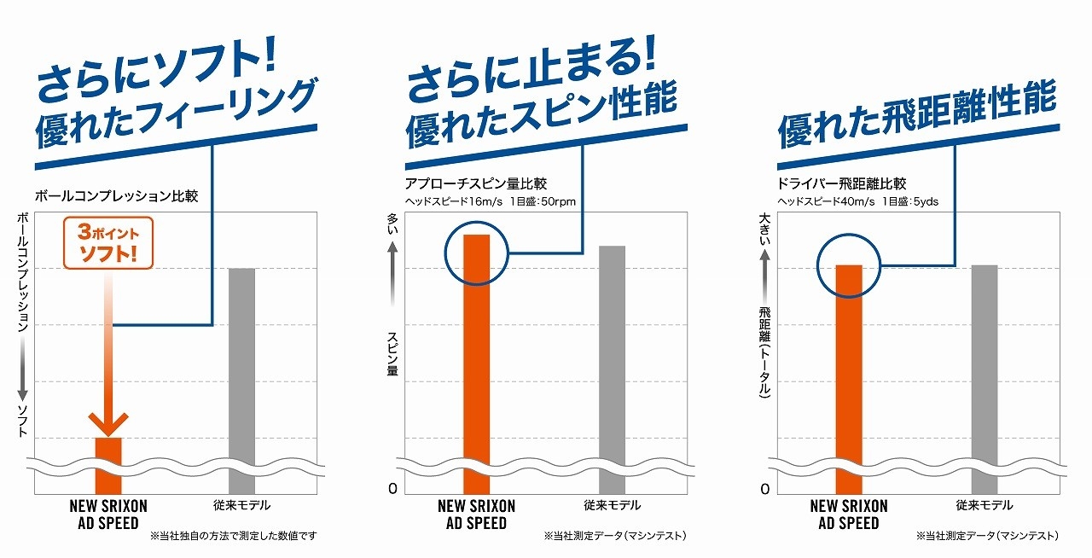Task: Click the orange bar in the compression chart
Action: (x=108, y=451)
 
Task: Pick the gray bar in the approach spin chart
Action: (x=613, y=358)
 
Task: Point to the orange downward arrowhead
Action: (x=108, y=423)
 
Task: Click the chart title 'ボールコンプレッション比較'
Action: (x=116, y=195)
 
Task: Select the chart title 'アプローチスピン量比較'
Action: (x=476, y=183)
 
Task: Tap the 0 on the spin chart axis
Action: (x=393, y=489)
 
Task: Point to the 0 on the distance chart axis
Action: (x=765, y=489)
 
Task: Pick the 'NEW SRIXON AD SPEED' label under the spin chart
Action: (x=476, y=514)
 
